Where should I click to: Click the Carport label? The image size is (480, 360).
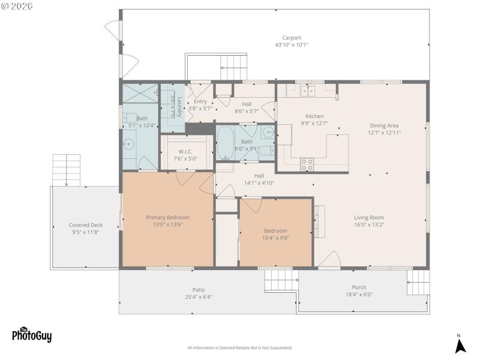click(x=288, y=38)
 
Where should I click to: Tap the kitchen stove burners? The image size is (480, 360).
click(x=307, y=164)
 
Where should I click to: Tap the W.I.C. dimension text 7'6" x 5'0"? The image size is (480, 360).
click(x=184, y=159)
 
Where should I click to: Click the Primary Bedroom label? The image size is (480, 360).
click(x=168, y=217)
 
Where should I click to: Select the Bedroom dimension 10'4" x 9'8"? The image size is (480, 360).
click(x=276, y=238)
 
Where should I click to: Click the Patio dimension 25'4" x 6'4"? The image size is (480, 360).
click(x=198, y=296)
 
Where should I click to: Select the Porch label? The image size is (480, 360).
click(x=359, y=287)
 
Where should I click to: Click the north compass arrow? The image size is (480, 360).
click(x=460, y=346)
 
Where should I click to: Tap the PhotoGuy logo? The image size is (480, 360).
click(x=31, y=334)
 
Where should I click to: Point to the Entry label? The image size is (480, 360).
click(x=200, y=101)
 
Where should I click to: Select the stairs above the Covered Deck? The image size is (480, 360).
click(x=66, y=169)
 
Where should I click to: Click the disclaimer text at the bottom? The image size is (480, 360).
click(x=240, y=348)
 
